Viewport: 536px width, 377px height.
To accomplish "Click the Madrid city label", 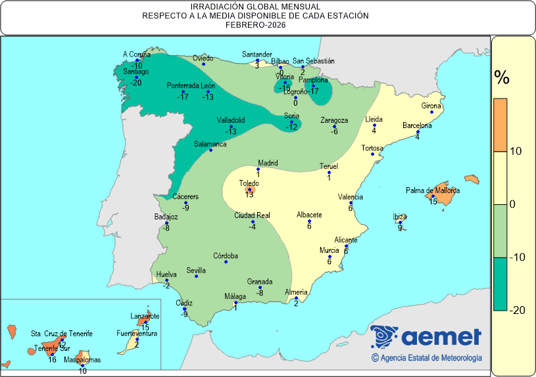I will (x=268, y=163).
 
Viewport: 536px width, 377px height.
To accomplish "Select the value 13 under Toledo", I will (x=249, y=194).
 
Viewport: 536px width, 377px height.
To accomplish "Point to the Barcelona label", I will (x=417, y=125).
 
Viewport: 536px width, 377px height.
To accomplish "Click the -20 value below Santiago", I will (x=136, y=82).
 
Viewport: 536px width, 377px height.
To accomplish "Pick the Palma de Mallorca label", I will (x=432, y=191).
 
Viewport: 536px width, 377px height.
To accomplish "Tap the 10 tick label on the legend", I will (x=516, y=151).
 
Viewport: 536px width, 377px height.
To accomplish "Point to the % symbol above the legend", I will (x=502, y=78).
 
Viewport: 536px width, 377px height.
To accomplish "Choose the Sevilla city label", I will (x=196, y=270).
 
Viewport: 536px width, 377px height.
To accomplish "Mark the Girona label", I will (x=431, y=106).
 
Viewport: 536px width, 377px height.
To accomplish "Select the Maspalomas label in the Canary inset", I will (x=82, y=360).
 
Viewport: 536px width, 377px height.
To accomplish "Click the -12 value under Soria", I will (x=292, y=126).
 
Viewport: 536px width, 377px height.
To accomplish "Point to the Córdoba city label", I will (x=226, y=256).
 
